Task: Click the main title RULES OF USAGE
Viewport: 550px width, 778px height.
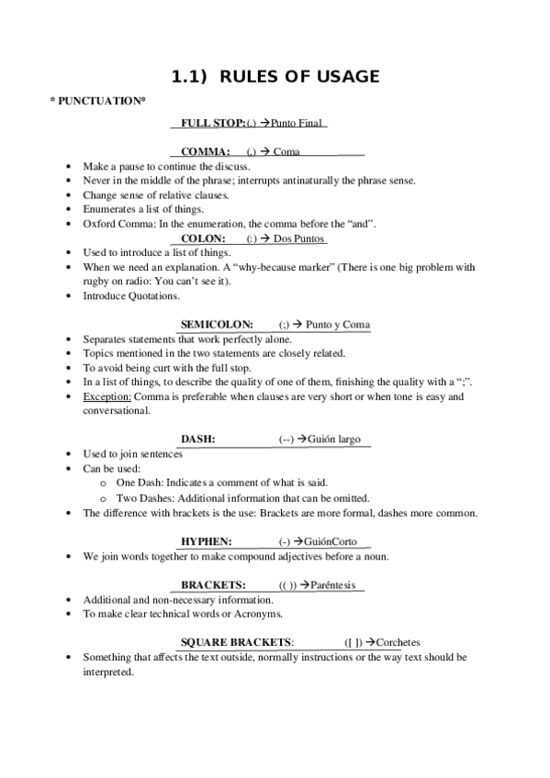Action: pyautogui.click(x=275, y=76)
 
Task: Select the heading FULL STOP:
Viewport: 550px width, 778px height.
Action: pyautogui.click(x=213, y=122)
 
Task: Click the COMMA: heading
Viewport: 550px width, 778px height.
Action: pyautogui.click(x=206, y=151)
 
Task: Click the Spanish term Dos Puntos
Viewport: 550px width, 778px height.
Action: pyautogui.click(x=300, y=239)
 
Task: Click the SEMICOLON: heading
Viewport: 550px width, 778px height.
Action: pyautogui.click(x=217, y=325)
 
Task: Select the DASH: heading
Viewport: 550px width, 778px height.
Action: pyautogui.click(x=197, y=439)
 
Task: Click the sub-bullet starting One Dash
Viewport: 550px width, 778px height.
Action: pyautogui.click(x=221, y=483)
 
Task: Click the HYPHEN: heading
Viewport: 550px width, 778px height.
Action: pyautogui.click(x=206, y=541)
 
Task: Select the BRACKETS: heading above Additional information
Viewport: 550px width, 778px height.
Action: pyautogui.click(x=212, y=584)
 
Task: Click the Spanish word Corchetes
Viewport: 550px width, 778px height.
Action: pyautogui.click(x=398, y=642)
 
